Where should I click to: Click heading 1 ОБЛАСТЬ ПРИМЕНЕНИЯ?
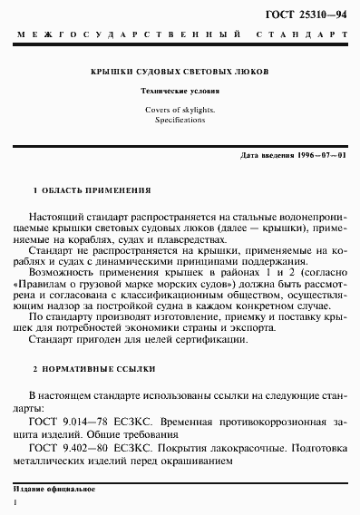tap(92, 191)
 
